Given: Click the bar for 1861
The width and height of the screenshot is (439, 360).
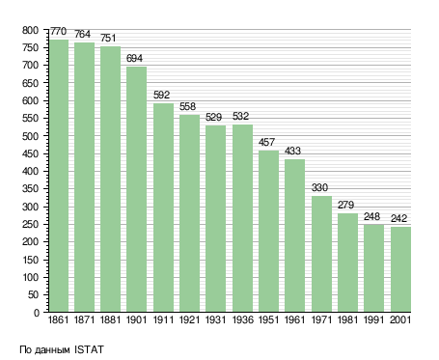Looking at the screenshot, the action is [x=59, y=176].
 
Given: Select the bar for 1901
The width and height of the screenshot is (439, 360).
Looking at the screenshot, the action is [x=136, y=189].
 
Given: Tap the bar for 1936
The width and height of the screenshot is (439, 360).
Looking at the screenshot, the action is [x=242, y=218].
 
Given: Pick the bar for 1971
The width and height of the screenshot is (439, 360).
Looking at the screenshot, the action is [x=321, y=254].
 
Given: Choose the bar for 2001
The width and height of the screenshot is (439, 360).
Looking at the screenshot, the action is [x=400, y=269].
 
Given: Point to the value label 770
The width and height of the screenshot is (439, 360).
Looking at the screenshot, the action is [x=59, y=32].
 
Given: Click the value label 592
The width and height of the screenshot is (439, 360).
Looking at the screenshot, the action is [x=161, y=95].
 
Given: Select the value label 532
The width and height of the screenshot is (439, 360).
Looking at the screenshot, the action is [x=241, y=116].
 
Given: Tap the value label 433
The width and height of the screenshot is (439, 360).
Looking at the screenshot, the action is [x=292, y=151].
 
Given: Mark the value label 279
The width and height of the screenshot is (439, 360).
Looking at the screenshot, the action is [x=345, y=205].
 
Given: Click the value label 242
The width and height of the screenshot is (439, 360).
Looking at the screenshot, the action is [x=398, y=219].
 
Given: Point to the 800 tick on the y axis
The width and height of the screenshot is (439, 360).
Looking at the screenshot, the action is [x=31, y=31].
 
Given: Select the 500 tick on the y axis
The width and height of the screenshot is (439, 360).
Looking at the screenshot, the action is [x=31, y=136].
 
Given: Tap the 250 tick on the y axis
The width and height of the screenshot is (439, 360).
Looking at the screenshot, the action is [x=31, y=225].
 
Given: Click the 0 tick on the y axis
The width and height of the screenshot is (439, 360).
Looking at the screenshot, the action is [x=37, y=313].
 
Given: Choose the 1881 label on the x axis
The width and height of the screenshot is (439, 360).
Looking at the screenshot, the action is [x=110, y=320].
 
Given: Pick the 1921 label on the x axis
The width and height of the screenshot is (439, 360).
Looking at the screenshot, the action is [x=189, y=320].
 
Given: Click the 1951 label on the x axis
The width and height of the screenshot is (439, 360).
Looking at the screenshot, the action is [x=268, y=320].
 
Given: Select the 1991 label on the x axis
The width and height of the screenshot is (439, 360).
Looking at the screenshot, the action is [x=373, y=320].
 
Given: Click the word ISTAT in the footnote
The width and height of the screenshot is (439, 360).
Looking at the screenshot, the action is [x=89, y=349].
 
